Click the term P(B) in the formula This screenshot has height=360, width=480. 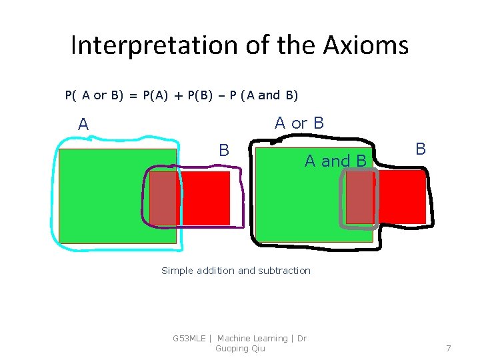[x=202, y=95]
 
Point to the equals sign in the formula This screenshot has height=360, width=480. [x=133, y=95]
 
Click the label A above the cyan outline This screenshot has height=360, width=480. [x=83, y=125]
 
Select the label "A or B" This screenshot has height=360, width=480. [x=299, y=123]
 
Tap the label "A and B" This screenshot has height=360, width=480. [x=335, y=161]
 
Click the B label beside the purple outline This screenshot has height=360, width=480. [x=225, y=151]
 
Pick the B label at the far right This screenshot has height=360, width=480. [x=421, y=149]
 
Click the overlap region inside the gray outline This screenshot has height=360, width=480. [x=360, y=197]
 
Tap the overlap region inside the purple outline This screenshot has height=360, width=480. [x=163, y=198]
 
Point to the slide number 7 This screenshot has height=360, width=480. [x=449, y=348]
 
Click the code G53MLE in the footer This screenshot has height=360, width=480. [x=189, y=339]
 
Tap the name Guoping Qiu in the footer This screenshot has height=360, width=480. [x=240, y=349]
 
